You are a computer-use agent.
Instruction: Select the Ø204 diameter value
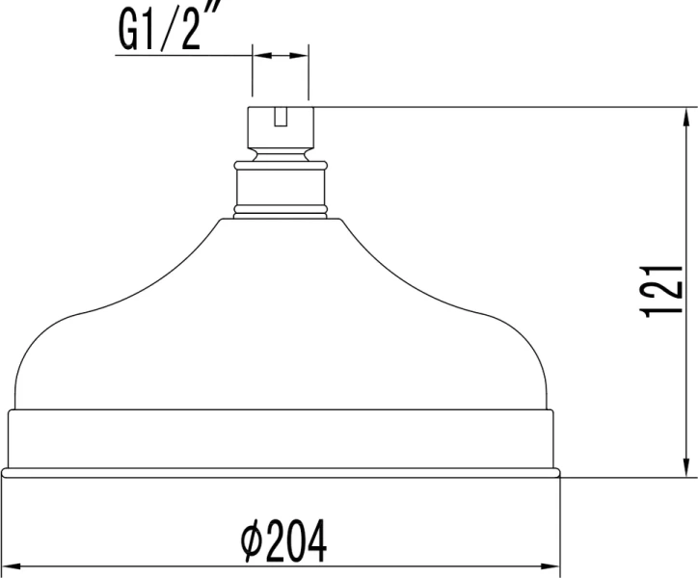[x=283, y=542]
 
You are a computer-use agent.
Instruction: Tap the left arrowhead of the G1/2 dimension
[x=257, y=57]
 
